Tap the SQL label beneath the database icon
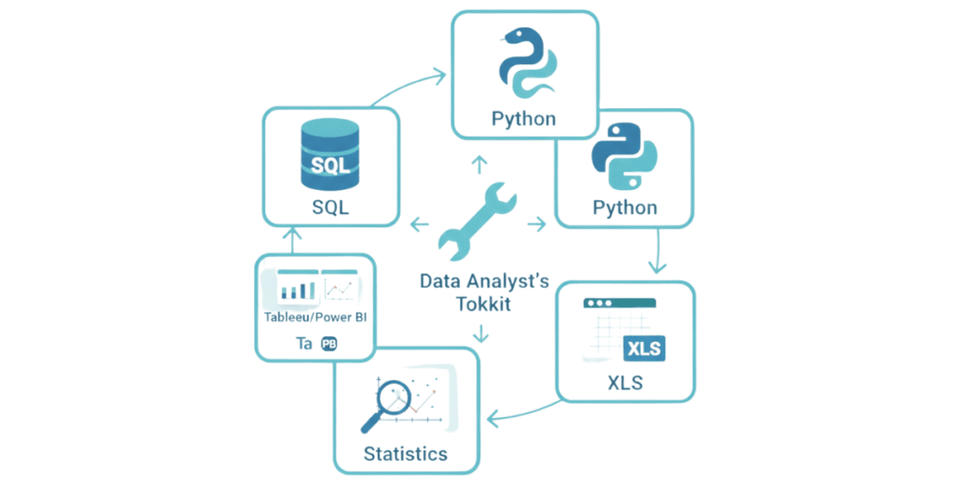(330, 207)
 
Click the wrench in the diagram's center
(476, 224)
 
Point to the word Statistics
(405, 453)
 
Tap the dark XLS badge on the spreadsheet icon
(644, 348)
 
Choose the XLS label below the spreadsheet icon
(624, 383)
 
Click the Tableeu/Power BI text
(315, 316)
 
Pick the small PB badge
(329, 344)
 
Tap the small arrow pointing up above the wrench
(478, 166)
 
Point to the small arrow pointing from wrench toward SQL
(419, 223)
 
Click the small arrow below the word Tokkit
(479, 332)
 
